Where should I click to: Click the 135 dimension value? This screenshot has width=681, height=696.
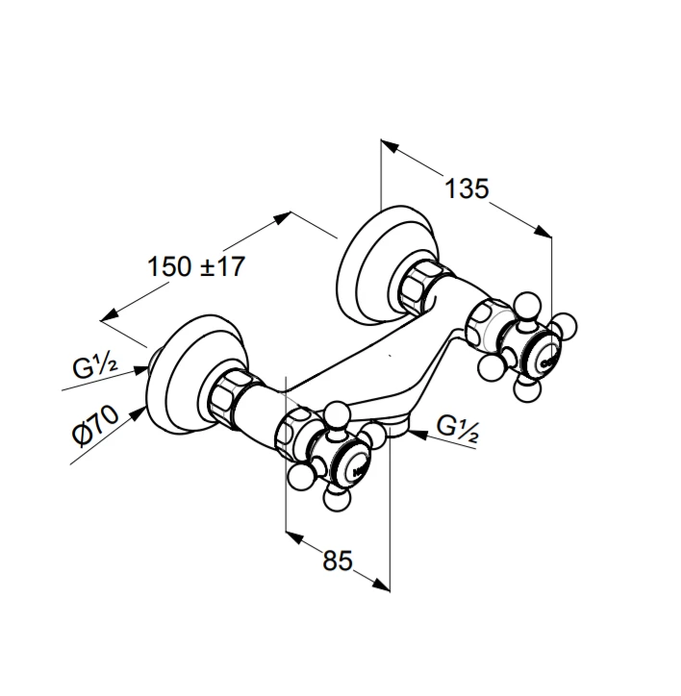467,188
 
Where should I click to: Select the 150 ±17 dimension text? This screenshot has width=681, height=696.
196,266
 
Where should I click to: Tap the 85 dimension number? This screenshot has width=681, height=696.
338,560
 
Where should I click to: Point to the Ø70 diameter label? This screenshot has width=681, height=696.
95,425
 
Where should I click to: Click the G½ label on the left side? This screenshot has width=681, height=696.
95,366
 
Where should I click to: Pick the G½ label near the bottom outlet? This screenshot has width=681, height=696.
457,429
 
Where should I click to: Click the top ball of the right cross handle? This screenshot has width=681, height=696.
528,306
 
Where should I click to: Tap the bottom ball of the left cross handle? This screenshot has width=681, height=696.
338,498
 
